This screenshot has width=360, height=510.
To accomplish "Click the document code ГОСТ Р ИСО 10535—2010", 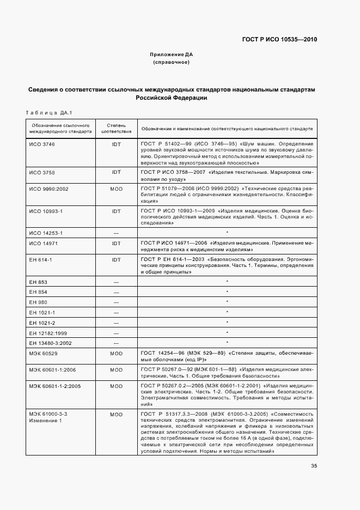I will point(279,40).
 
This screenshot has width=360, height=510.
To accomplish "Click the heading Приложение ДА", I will point(171,54).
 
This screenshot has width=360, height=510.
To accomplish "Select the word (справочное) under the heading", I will point(171,62).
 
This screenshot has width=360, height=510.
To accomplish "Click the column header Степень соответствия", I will point(115,128).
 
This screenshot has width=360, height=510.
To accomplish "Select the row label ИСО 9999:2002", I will point(48,189).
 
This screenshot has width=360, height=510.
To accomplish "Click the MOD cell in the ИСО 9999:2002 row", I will point(115,189).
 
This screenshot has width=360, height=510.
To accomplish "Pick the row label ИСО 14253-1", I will point(46,233).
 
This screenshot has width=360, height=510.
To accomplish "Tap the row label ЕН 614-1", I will point(40,260).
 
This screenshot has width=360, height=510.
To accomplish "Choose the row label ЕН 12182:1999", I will point(47,332).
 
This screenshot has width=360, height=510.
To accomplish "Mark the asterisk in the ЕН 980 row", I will point(226,302).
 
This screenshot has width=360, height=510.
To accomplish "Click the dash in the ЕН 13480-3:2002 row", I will point(115,343).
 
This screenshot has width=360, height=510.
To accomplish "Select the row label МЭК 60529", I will point(44,354).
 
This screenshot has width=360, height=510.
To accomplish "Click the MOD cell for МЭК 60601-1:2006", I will point(115,369).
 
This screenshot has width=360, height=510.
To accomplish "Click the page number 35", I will point(314,466).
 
